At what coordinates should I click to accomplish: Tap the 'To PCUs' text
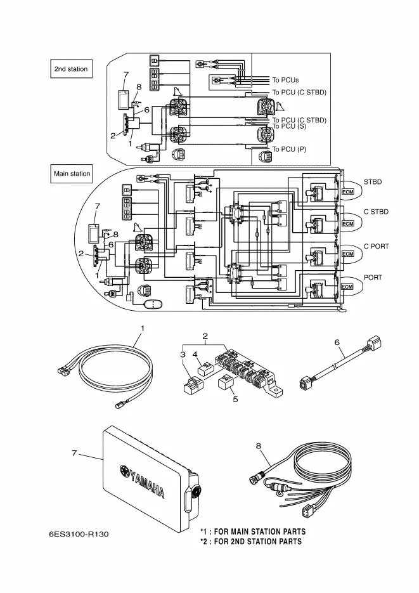coord(285,81)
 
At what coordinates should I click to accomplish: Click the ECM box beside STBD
coord(347,192)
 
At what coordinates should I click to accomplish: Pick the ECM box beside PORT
coord(347,287)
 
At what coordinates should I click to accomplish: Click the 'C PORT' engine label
coord(376,245)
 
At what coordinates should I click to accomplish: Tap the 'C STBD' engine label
coord(376,211)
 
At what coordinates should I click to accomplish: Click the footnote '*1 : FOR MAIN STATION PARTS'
coord(253,531)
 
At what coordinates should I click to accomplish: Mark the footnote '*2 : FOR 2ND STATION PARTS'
coord(251,542)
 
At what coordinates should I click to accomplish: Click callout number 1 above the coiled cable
coord(143,329)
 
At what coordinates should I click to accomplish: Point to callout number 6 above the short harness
coord(337,342)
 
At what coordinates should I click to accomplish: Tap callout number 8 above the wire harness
coord(259,446)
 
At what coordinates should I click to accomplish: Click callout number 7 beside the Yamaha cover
coord(74,453)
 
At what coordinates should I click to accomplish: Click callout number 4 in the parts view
coord(195,355)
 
